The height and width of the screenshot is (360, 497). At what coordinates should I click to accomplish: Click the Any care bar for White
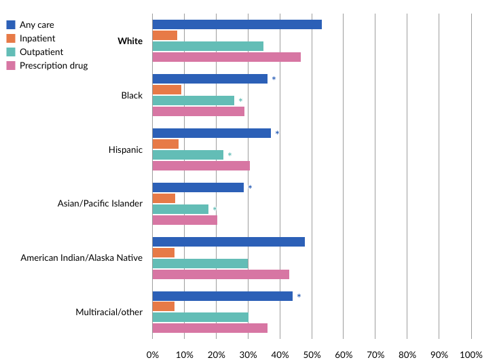(x=237, y=24)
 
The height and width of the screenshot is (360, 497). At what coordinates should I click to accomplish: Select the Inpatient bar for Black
(x=167, y=90)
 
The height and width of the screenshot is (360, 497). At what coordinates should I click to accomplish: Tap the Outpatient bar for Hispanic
(x=188, y=155)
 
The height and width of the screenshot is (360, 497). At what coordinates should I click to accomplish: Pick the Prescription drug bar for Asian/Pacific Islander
(x=185, y=220)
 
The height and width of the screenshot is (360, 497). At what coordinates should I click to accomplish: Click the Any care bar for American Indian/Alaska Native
(x=229, y=242)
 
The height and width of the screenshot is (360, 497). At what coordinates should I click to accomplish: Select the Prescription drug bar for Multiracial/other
(x=210, y=328)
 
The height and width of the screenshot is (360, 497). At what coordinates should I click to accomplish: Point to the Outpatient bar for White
(x=208, y=46)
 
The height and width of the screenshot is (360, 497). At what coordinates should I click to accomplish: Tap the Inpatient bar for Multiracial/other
(x=164, y=306)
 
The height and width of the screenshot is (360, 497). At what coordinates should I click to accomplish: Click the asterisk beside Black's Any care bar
(x=274, y=79)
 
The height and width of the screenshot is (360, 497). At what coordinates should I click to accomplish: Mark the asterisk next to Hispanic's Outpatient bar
(x=229, y=156)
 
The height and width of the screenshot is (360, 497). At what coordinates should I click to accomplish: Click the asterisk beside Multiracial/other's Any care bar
(x=299, y=297)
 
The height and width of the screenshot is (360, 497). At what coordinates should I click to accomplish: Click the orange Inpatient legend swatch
(x=11, y=39)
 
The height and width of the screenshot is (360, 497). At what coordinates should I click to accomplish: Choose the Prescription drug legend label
(x=54, y=66)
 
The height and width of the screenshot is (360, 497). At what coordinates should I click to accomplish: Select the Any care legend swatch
(x=11, y=25)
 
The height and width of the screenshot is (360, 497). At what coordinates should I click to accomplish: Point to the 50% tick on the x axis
(x=312, y=354)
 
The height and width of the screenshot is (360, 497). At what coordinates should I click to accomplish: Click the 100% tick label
(x=471, y=354)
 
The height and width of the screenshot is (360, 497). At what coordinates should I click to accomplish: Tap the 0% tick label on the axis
(x=153, y=354)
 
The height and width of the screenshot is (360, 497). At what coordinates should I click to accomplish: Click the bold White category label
(x=130, y=41)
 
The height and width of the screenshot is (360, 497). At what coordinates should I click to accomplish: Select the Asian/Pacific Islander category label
(x=100, y=204)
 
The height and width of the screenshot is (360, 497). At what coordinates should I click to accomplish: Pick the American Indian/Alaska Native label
(x=81, y=258)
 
